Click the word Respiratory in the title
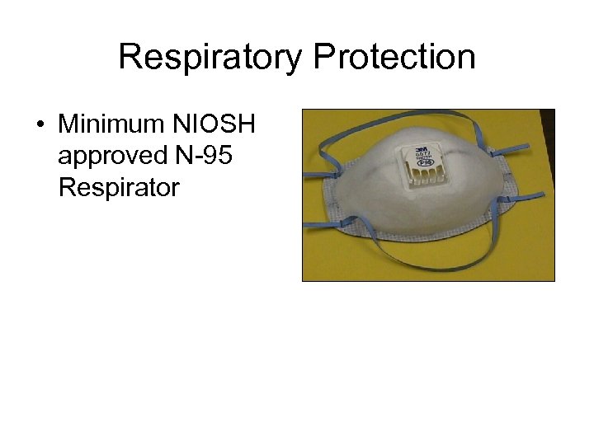click(210, 59)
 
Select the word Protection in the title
click(394, 58)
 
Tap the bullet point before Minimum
click(40, 126)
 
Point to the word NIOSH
click(214, 125)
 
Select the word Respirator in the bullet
click(119, 188)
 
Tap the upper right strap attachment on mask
click(493, 153)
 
